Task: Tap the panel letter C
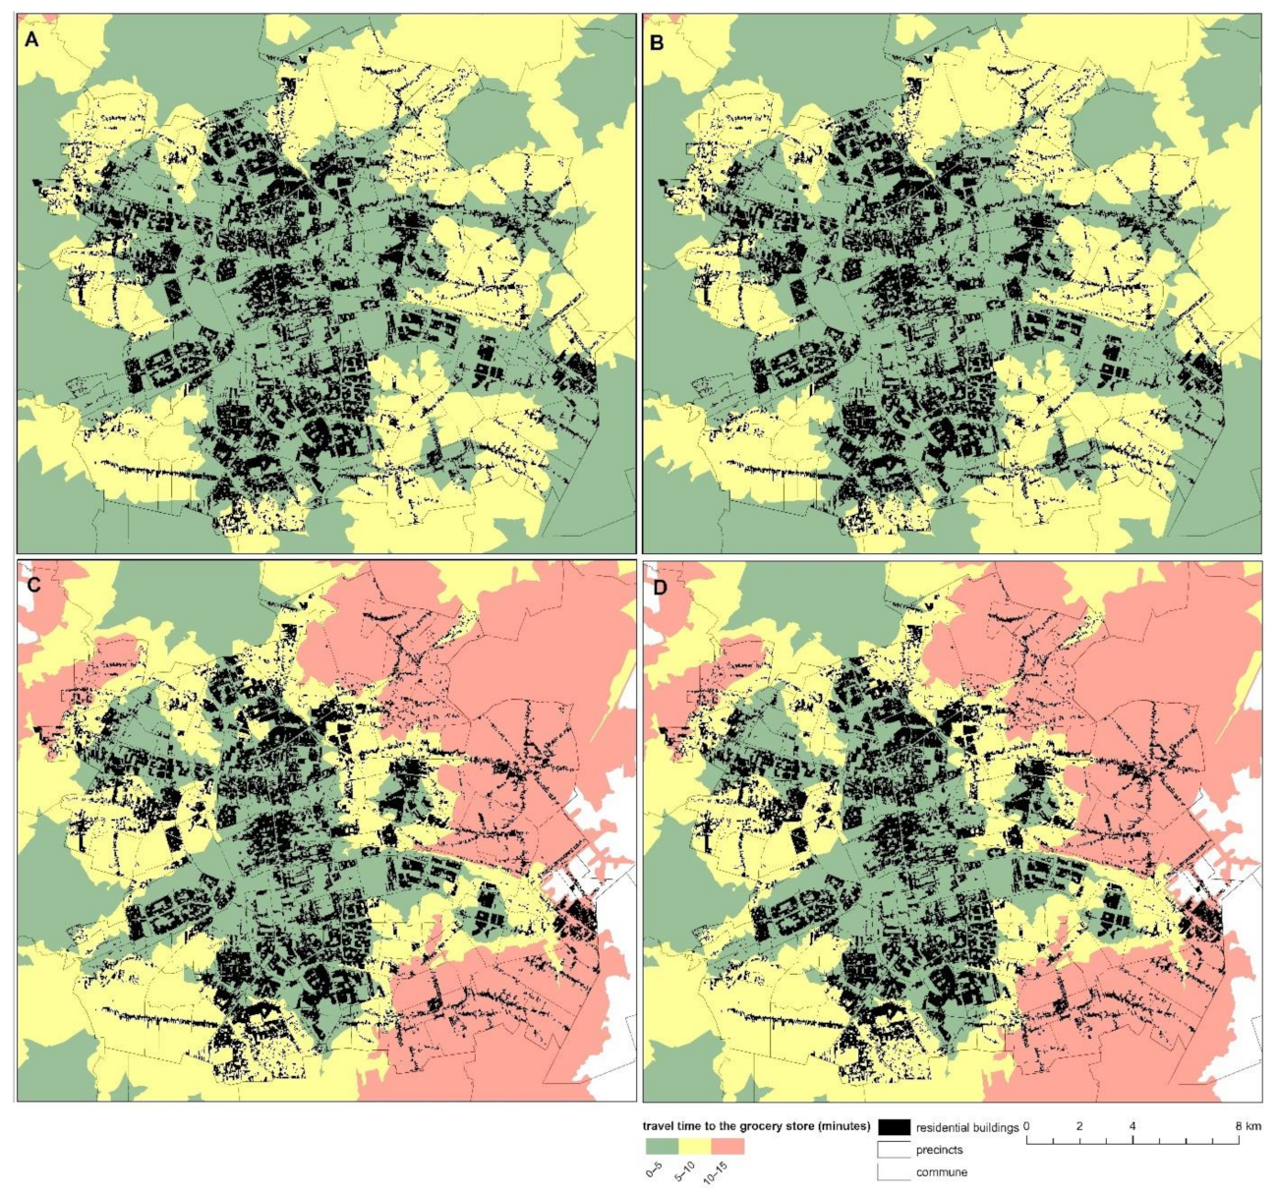click(32, 587)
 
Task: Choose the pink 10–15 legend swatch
click(727, 1146)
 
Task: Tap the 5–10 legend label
click(687, 1169)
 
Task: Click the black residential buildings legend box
click(893, 1126)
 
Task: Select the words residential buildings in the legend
click(967, 1127)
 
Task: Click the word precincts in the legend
click(940, 1150)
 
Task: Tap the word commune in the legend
click(942, 1171)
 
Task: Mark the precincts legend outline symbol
click(893, 1149)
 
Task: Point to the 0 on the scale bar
click(1027, 1125)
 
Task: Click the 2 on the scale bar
click(1079, 1125)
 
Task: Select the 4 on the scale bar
click(1133, 1125)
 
